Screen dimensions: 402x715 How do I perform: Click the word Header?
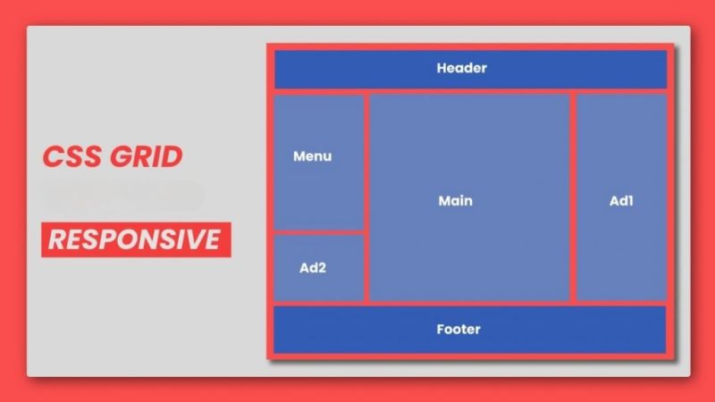pos(461,68)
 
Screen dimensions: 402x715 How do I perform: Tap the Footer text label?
pos(458,330)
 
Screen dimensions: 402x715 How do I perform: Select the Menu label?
pos(312,156)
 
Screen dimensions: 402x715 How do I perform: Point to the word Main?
pos(455,201)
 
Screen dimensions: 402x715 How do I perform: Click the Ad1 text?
pos(621,201)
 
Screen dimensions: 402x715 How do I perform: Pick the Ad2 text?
pos(312,268)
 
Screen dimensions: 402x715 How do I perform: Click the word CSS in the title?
pos(71,157)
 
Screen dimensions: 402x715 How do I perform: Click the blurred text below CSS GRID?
pos(122,196)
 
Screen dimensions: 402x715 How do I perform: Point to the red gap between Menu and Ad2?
pos(319,232)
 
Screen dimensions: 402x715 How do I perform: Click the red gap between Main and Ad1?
pos(573,197)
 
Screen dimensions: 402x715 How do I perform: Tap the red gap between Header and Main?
pos(469,91)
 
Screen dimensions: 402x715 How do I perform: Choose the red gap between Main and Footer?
pos(469,304)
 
